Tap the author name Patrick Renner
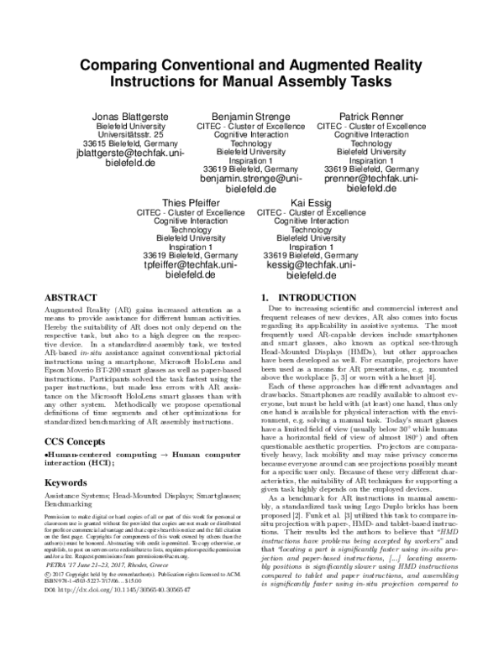[x=371, y=115]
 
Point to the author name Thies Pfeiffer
[x=192, y=203]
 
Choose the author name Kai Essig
[x=311, y=203]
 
